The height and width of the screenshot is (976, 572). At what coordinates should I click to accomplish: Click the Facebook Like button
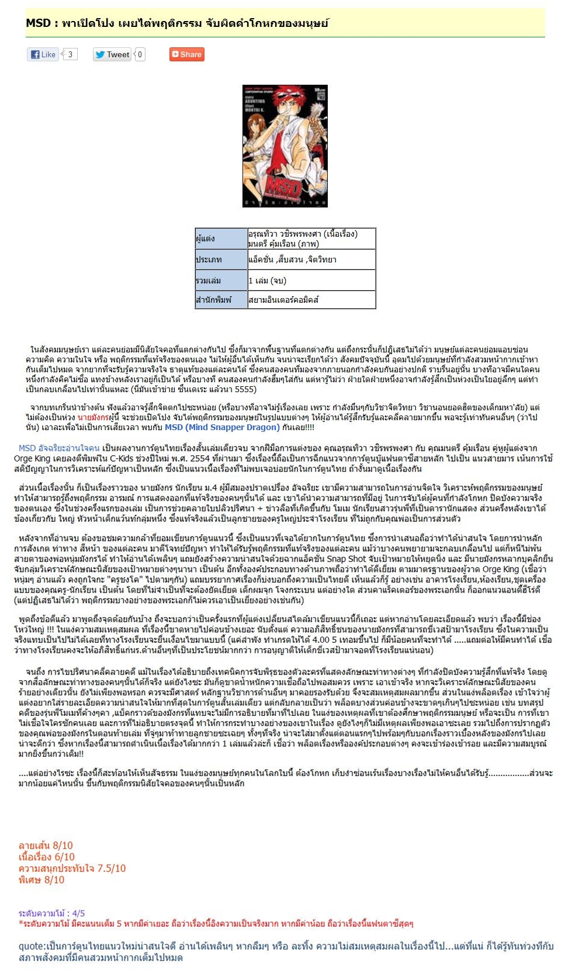(x=43, y=54)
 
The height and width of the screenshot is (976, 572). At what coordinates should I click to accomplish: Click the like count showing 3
(x=70, y=54)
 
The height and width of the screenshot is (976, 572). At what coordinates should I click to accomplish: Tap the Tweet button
(x=112, y=54)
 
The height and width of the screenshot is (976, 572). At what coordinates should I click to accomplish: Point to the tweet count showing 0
(x=140, y=54)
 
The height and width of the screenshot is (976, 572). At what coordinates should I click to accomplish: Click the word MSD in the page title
(x=38, y=23)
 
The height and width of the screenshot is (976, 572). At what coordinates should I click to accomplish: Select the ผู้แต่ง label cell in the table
(x=221, y=238)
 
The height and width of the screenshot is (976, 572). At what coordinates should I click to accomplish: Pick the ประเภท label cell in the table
(x=221, y=259)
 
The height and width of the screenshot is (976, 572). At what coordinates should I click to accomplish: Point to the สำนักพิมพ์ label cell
(x=221, y=300)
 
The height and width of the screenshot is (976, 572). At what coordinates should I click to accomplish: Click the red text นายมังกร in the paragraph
(x=93, y=418)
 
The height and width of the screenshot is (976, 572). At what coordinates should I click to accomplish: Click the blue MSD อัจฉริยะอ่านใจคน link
(x=59, y=448)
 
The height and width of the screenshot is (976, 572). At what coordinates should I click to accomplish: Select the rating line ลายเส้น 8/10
(x=46, y=846)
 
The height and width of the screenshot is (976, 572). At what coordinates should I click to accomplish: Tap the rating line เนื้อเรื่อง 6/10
(x=47, y=857)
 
